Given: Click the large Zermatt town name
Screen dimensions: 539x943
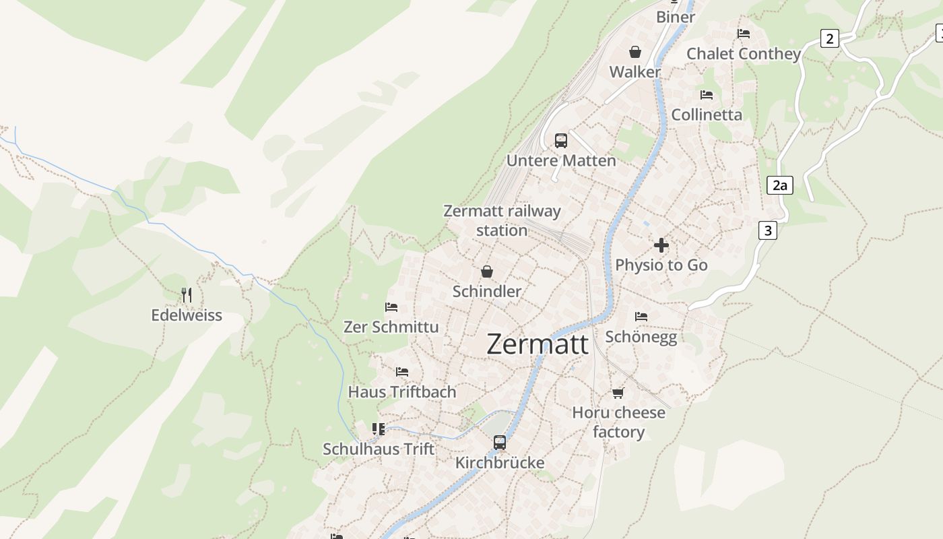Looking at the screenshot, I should tap(537, 344).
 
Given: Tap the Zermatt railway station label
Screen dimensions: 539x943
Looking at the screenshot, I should tap(502, 220).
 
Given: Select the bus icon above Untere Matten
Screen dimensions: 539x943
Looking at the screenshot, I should tap(561, 141).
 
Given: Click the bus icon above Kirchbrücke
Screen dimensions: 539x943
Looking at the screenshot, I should tap(500, 443).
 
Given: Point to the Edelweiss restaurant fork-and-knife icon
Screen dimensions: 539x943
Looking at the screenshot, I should tap(187, 295).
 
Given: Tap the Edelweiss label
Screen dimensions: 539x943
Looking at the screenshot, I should tap(187, 315).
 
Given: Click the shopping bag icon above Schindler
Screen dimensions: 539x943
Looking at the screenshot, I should tap(487, 272).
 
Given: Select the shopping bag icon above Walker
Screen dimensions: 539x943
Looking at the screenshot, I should tap(635, 52).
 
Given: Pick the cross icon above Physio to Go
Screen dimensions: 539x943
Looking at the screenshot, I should tap(661, 245).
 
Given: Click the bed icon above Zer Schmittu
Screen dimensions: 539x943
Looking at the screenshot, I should tap(391, 307).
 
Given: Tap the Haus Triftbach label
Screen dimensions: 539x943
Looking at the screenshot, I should tap(402, 391).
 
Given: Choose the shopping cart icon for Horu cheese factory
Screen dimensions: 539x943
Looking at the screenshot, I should tap(618, 393).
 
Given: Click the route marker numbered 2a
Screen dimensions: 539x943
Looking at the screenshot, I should tap(779, 185).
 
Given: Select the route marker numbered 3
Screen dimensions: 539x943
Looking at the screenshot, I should tap(767, 230).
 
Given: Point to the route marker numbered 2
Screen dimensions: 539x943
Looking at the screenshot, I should tap(830, 38).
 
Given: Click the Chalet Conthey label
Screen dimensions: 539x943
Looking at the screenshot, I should tap(744, 54).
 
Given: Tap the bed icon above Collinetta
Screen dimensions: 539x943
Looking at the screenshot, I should tap(707, 95).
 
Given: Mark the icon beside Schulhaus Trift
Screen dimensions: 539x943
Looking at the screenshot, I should tap(379, 429).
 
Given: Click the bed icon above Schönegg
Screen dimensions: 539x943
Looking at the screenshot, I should tap(641, 316).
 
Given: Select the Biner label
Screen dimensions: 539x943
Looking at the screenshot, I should tap(676, 17).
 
